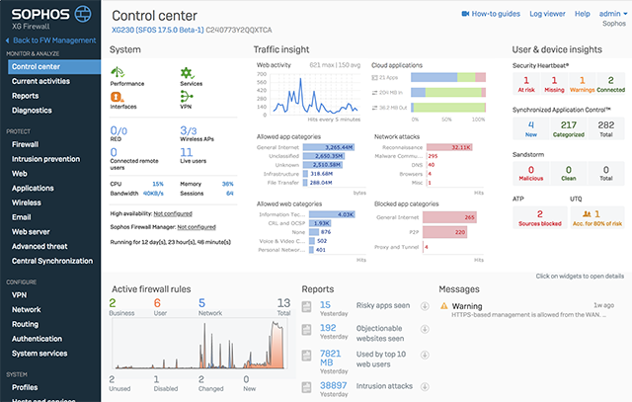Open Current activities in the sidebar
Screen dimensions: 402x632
pyautogui.click(x=39, y=81)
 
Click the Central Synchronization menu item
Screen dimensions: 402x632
pyautogui.click(x=53, y=261)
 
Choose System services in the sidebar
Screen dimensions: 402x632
pyautogui.click(x=39, y=353)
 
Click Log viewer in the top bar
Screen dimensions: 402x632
pyautogui.click(x=548, y=14)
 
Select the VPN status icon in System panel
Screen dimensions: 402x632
pyautogui.click(x=187, y=97)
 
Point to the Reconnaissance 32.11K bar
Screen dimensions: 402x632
pyautogui.click(x=446, y=146)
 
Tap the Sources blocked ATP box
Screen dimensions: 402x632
pyautogui.click(x=539, y=218)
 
